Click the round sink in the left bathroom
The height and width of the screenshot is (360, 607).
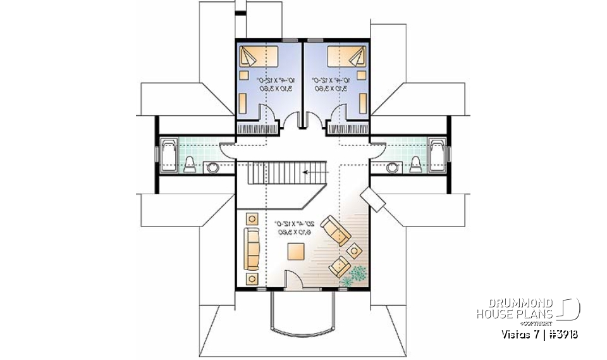pos(213,167)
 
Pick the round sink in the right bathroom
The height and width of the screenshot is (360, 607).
pos(393,167)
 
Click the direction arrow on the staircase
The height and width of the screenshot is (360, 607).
pos(310,171)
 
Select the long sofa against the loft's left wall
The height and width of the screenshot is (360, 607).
pos(252,249)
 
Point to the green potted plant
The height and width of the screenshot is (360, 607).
pos(355,274)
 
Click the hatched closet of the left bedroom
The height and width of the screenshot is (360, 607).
pos(257,128)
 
